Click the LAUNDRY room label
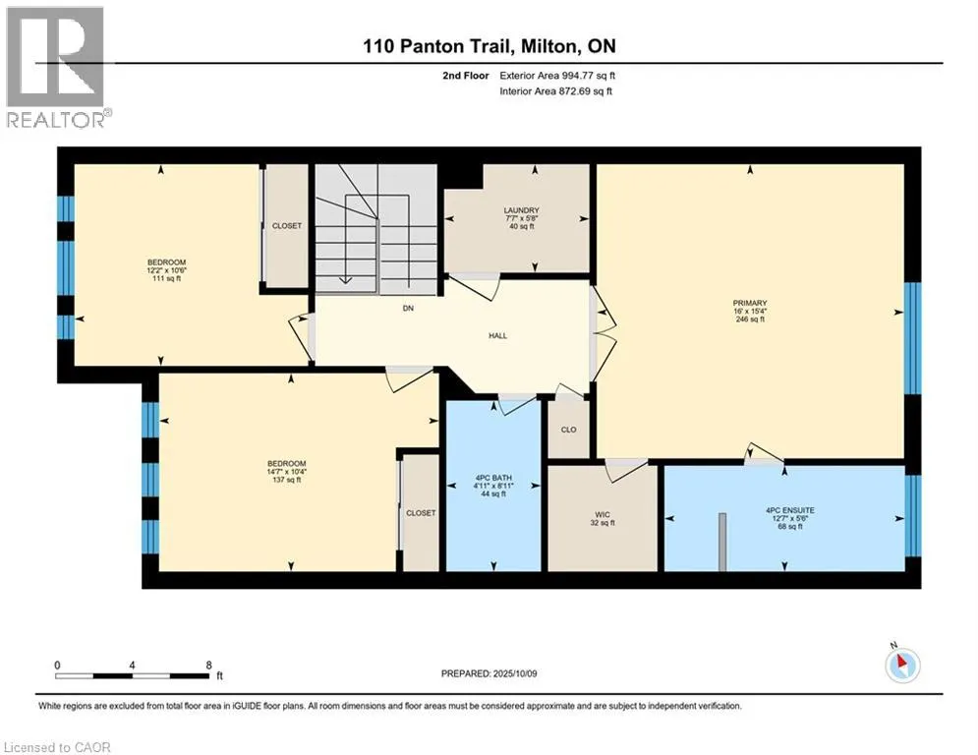(521, 210)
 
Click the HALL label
(497, 335)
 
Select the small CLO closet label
(568, 430)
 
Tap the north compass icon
(901, 666)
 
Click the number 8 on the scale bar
(208, 665)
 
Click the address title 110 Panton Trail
(489, 45)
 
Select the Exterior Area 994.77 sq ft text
(557, 75)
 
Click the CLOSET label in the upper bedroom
(287, 226)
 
